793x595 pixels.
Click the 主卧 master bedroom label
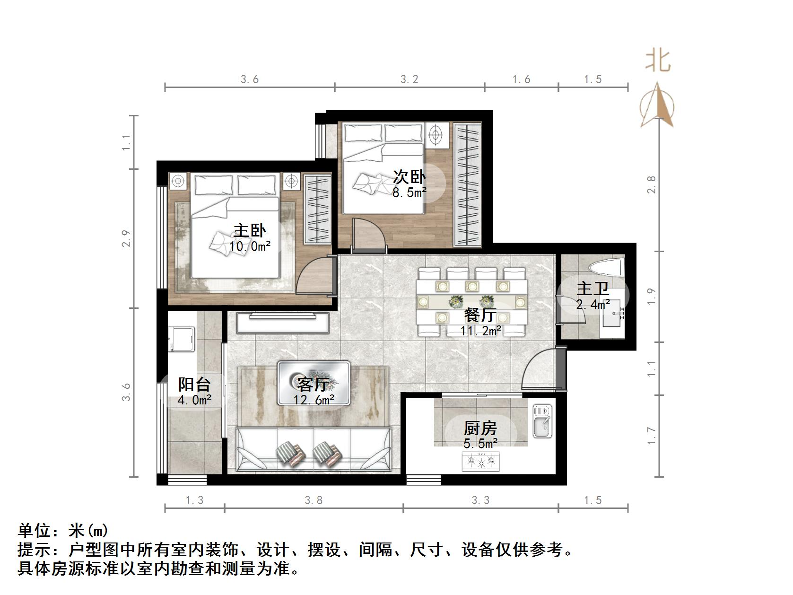point(250,231)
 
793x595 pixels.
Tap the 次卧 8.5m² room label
point(410,177)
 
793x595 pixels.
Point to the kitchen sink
point(542,421)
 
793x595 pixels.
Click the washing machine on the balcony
point(182,339)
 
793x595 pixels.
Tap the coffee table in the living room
point(314,383)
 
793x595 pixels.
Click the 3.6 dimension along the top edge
point(250,79)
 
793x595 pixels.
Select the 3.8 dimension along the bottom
point(314,500)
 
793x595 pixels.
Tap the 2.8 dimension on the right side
point(652,185)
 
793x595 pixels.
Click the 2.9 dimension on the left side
point(126,238)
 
